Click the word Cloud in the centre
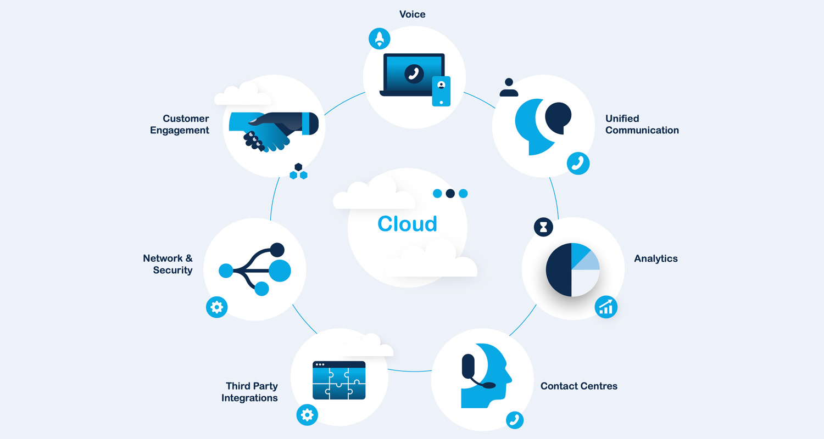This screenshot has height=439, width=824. pos(407,224)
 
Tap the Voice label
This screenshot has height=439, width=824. pos(412,14)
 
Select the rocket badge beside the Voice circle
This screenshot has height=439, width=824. pos(379,39)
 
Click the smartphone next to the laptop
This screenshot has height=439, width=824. pos(441,91)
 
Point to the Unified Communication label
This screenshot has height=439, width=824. pos(642,125)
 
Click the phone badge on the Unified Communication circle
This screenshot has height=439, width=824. pos(578,164)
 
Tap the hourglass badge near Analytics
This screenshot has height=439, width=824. pos(543,227)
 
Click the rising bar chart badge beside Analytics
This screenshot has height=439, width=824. pos(606,307)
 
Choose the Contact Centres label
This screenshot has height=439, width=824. pos(578,386)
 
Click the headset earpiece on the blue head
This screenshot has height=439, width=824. pos(469,365)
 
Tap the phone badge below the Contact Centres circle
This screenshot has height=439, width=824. pos(515,420)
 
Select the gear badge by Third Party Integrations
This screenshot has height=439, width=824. pos(307,414)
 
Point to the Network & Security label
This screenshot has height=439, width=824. pos(168,264)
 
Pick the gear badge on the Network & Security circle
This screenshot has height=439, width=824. pos(216,307)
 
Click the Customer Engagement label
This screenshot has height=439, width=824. pos(180,125)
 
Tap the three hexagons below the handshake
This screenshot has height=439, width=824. pos(298,172)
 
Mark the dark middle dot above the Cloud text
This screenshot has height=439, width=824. pos(450,193)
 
